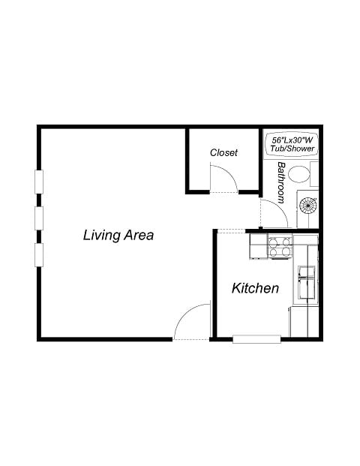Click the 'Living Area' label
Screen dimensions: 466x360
[x=118, y=235]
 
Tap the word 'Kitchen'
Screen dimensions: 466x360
[x=255, y=288]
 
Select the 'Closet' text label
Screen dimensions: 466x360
[x=223, y=152]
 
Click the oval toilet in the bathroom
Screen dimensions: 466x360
[x=300, y=176]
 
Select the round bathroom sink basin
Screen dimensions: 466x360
[x=308, y=203]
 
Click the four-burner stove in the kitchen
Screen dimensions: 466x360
[x=280, y=246]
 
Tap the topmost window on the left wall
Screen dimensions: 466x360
[x=38, y=182]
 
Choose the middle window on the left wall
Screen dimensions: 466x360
[x=38, y=218]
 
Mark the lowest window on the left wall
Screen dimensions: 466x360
[x=38, y=254]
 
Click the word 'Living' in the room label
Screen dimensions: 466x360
[x=100, y=235]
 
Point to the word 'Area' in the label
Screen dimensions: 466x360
[x=138, y=235]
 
